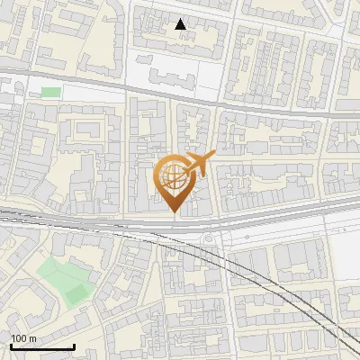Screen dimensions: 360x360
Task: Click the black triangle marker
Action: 181,24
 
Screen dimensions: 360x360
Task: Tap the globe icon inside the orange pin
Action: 174,175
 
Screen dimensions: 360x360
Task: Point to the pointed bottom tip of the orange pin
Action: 174,212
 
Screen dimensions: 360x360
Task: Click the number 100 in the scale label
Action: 19,338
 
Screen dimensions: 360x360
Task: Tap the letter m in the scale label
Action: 32,338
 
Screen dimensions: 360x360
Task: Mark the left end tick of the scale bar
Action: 11,346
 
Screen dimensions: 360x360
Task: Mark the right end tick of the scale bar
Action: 74,346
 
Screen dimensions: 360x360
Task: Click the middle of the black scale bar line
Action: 42,346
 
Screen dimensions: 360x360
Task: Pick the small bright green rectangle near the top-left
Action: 50,92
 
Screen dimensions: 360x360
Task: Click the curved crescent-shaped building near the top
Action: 117,27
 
